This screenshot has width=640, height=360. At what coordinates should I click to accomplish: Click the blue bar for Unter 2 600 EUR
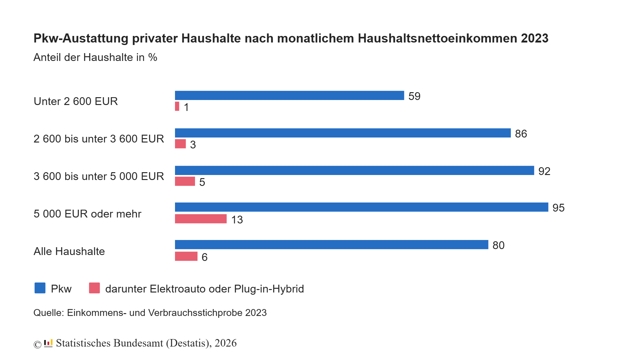coord(289,95)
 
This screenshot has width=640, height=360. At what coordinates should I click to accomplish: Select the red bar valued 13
coord(201,219)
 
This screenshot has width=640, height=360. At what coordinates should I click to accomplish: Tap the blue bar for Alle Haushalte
coord(331,245)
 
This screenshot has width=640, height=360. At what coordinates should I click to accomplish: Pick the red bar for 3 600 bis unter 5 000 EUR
coord(185,181)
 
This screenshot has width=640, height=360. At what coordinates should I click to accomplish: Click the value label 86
coord(521,134)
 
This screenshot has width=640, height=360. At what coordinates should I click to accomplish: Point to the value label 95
coord(558,208)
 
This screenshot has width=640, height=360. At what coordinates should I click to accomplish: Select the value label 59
coord(414,96)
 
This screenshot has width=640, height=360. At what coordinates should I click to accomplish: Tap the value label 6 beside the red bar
coord(204,257)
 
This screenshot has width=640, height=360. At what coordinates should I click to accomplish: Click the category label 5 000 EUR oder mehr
coord(87,214)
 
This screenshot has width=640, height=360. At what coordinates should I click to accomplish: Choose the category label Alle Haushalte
coord(69,251)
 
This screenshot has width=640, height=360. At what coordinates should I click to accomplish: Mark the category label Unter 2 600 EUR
coord(76,101)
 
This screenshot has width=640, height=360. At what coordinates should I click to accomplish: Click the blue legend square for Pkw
coord(40,288)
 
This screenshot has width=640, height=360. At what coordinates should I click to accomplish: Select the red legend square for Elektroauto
coord(94,288)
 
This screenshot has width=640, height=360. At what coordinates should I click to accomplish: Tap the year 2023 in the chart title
coord(534,38)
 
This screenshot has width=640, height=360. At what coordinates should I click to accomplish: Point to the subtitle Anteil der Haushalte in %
coord(95,57)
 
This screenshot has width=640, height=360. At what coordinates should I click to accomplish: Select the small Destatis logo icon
coord(48,343)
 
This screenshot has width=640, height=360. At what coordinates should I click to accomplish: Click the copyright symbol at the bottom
coord(37,344)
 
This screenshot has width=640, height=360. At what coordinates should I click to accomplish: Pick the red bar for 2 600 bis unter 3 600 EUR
coord(180,144)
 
